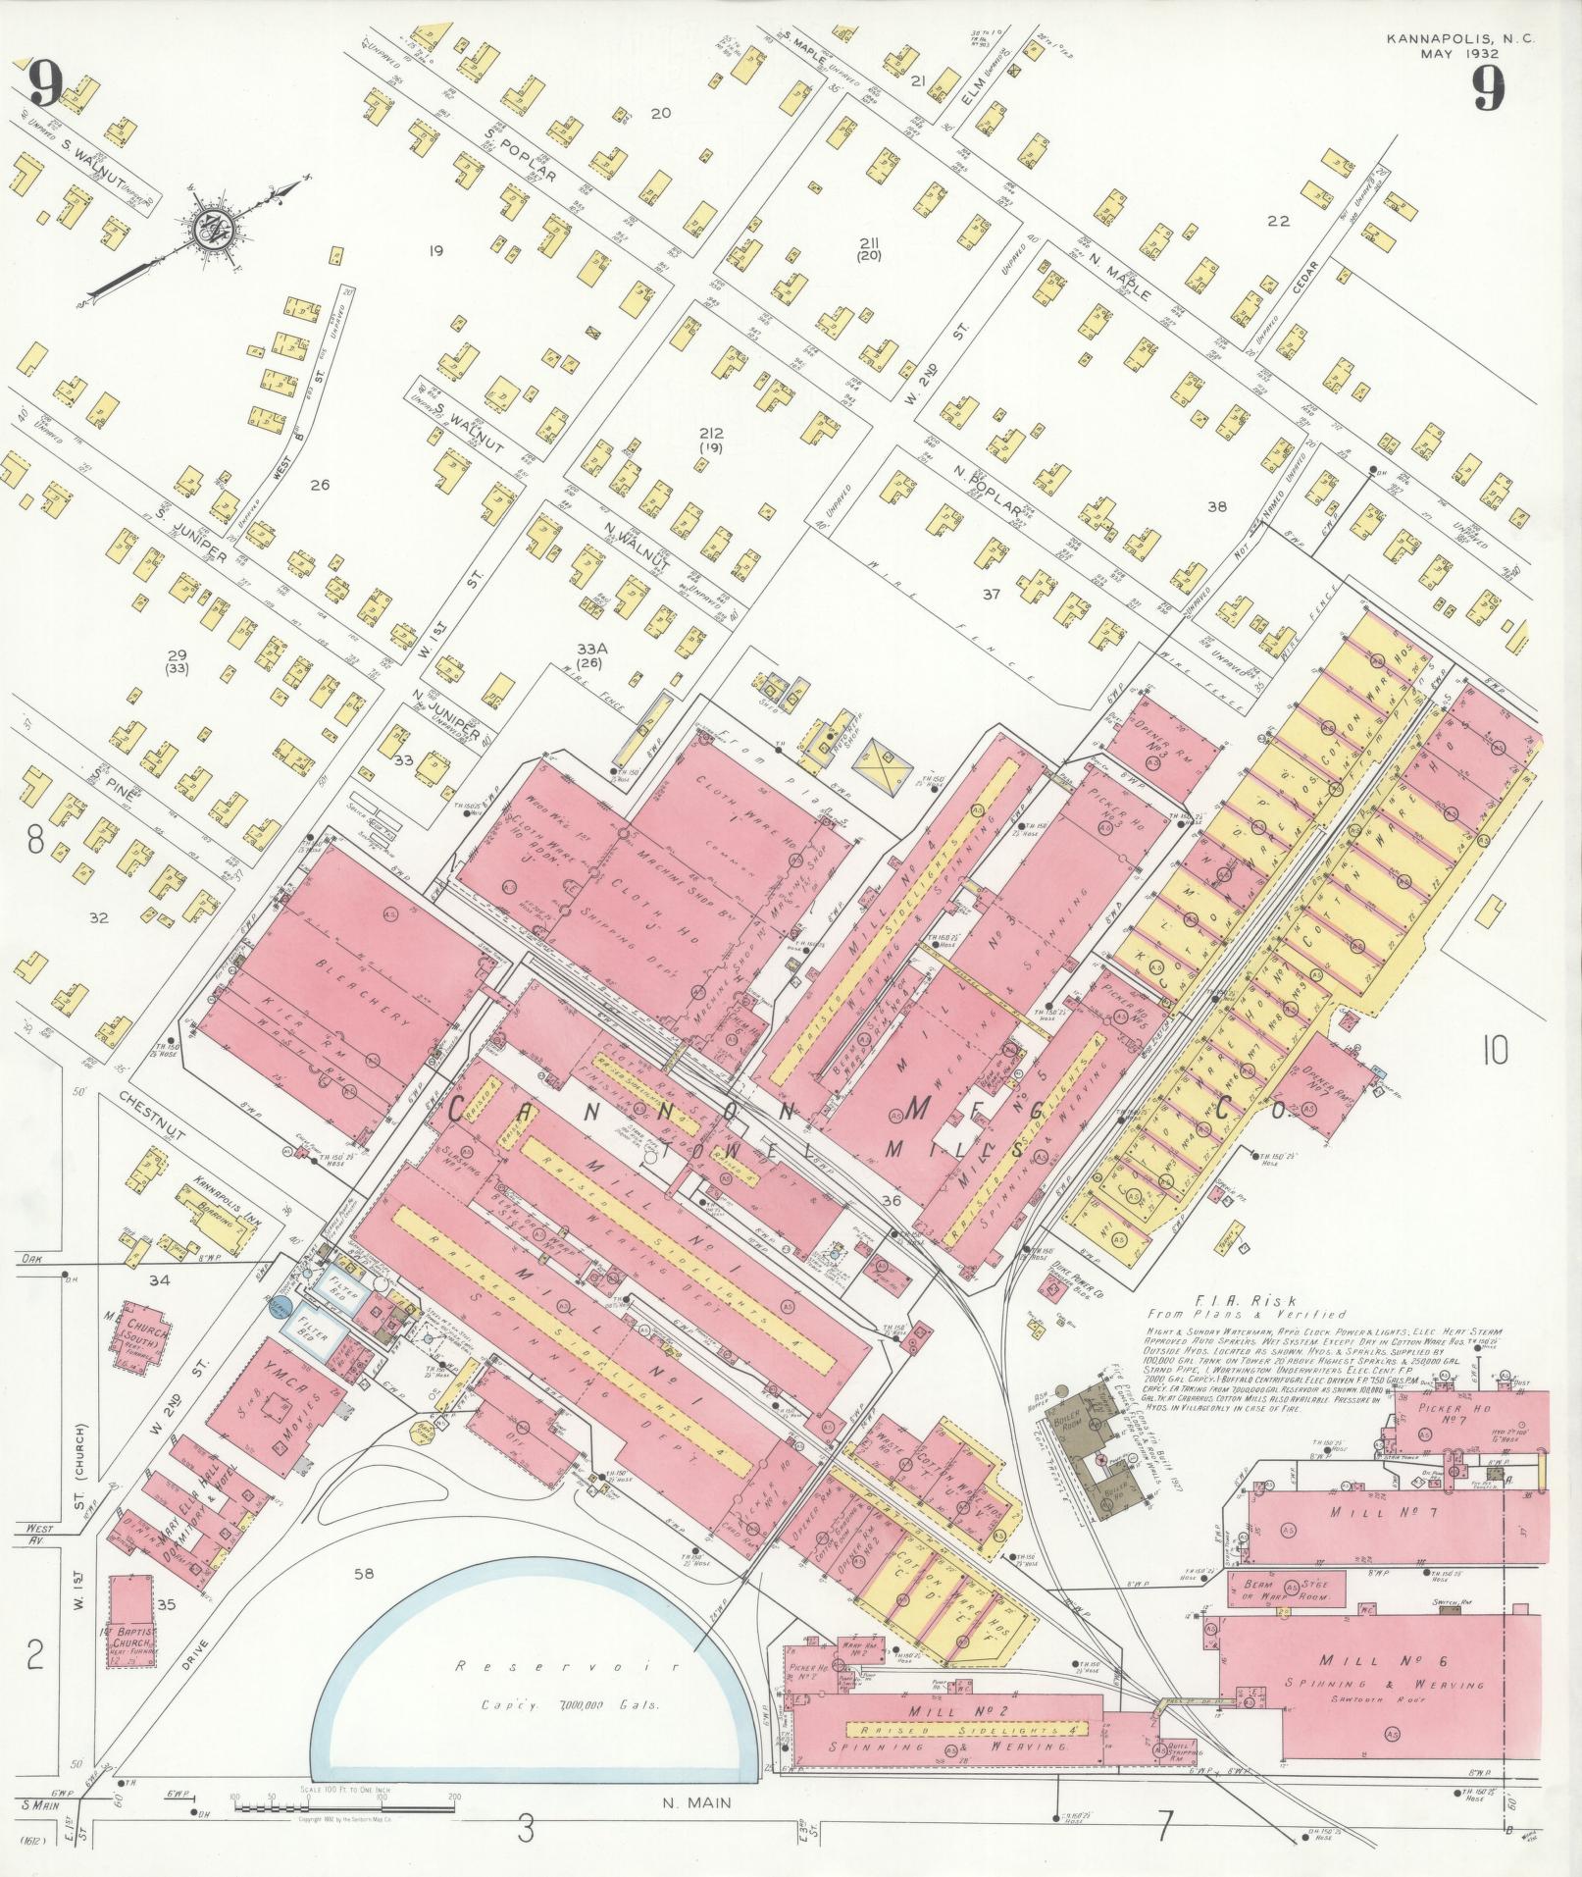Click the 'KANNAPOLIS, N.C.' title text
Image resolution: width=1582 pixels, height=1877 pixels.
pyautogui.click(x=1460, y=39)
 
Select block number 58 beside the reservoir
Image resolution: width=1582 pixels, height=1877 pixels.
pyautogui.click(x=364, y=1574)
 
